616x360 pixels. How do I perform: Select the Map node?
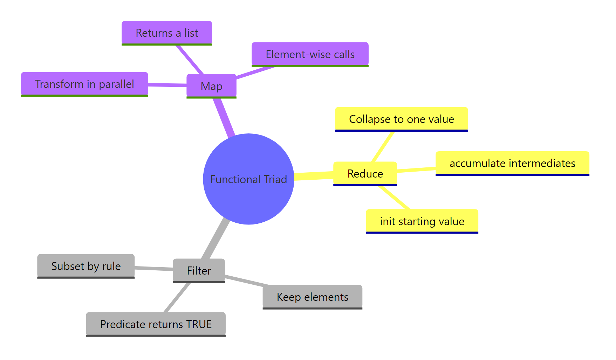[x=211, y=86]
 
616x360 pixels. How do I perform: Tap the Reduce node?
[x=365, y=173]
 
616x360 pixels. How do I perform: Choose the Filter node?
[x=199, y=270]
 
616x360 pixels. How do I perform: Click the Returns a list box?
[x=167, y=33]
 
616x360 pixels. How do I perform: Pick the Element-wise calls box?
[x=310, y=54]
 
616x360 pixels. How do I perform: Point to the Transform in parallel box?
[x=84, y=84]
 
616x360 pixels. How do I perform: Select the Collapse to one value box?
[x=401, y=119]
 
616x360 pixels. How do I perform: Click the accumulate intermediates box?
[x=512, y=163]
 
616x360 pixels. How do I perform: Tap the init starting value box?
[x=422, y=221]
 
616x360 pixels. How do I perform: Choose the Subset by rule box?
[x=86, y=266]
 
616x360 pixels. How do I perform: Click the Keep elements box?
[x=312, y=297]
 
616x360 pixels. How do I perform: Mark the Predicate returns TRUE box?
[x=156, y=324]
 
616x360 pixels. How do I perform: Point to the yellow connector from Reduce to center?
[x=314, y=176]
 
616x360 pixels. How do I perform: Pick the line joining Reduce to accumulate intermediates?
[x=416, y=170]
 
